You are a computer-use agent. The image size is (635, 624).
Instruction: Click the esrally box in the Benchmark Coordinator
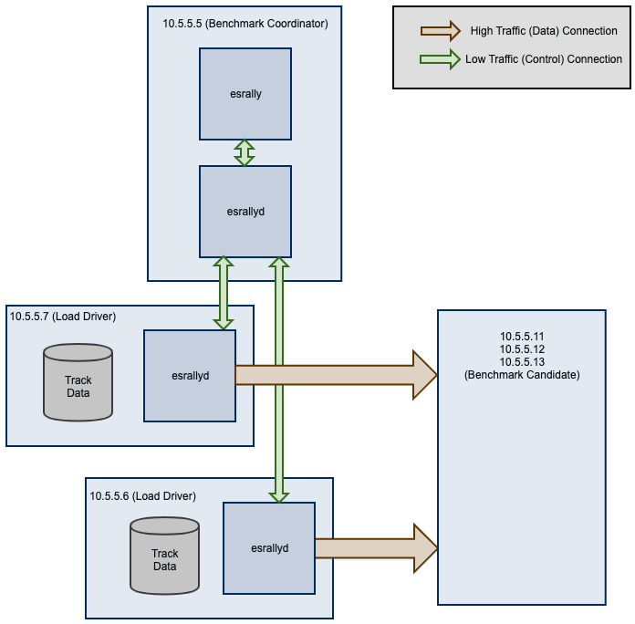245,94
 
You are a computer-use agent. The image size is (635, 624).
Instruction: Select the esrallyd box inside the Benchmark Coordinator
245,212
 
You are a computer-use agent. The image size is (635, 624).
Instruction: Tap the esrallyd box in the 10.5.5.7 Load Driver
190,375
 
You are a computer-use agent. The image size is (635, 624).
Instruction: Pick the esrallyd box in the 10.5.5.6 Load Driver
269,547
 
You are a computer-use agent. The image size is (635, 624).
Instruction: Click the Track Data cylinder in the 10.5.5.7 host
78,383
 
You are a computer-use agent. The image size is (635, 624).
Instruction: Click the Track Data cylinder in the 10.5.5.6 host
164,556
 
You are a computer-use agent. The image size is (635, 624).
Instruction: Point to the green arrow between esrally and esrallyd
245,152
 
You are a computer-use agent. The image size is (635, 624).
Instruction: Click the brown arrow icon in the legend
442,31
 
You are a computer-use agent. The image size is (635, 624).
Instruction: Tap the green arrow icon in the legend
442,59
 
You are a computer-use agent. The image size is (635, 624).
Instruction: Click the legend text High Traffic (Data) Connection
544,31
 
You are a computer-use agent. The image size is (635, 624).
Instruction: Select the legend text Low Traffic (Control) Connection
544,59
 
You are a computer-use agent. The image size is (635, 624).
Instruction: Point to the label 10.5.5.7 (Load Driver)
64,317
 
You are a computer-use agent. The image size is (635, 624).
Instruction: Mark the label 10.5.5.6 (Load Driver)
142,495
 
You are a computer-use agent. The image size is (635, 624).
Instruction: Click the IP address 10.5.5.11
522,337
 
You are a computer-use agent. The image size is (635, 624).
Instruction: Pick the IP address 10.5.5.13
522,362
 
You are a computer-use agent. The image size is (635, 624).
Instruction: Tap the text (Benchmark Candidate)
522,375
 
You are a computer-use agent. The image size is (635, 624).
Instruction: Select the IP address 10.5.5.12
522,349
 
